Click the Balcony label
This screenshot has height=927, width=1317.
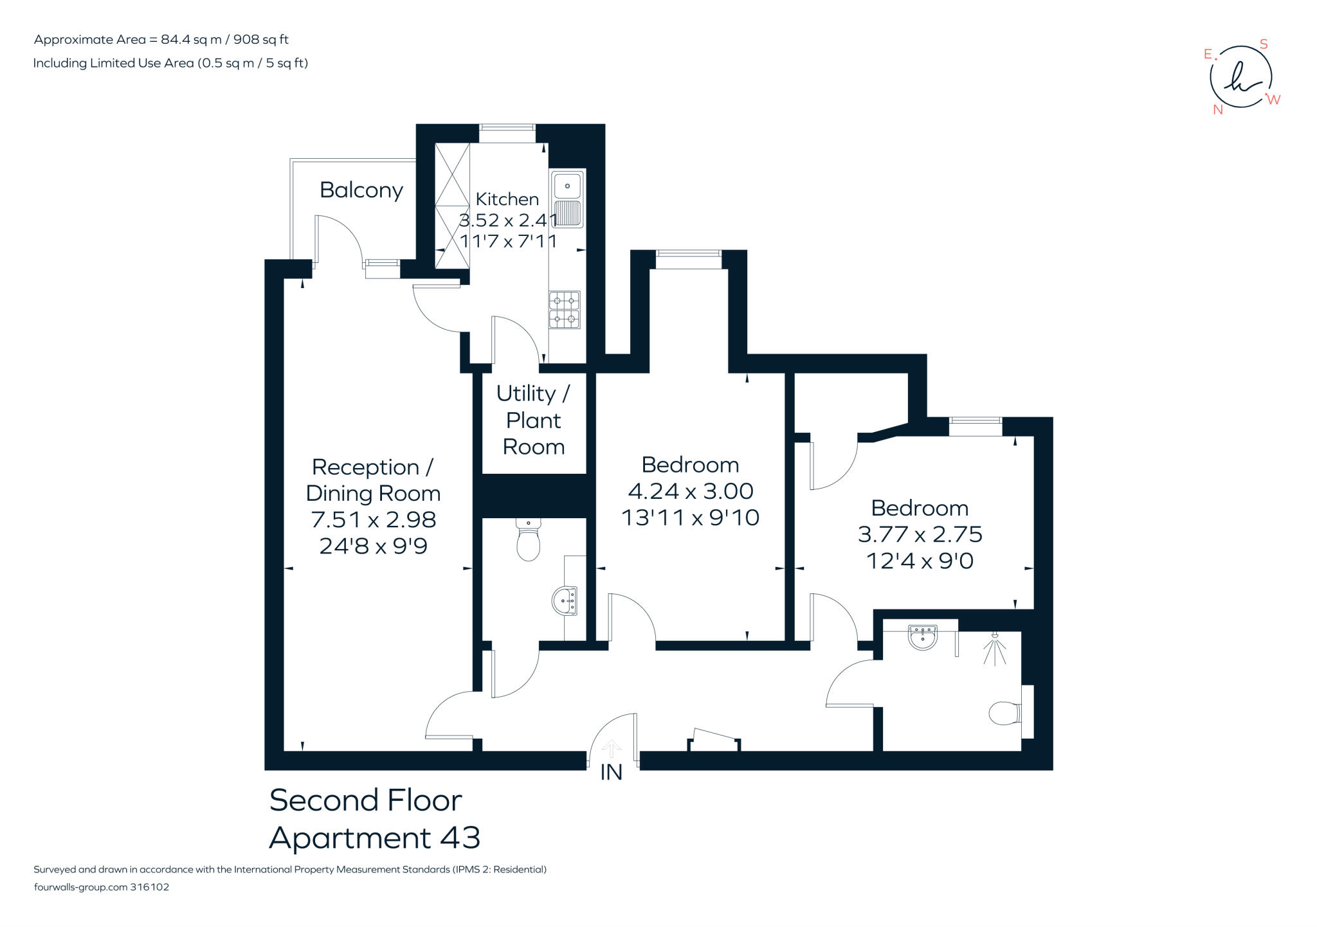[361, 190]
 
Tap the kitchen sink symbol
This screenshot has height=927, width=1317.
[567, 199]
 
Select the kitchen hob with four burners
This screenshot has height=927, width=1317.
[564, 310]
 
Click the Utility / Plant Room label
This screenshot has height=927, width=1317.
[533, 420]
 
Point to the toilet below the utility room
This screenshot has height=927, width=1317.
[528, 542]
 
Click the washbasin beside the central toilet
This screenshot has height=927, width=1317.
[565, 602]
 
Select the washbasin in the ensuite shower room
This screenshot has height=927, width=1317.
[923, 637]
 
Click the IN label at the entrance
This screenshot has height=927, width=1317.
[611, 772]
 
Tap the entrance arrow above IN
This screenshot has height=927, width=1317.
[611, 748]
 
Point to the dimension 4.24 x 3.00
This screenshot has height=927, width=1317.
[690, 491]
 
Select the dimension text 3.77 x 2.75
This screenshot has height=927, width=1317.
[920, 534]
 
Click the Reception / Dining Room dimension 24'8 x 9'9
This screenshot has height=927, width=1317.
[373, 546]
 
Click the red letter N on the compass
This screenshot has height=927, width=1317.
[1217, 110]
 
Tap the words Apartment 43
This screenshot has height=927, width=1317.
[374, 838]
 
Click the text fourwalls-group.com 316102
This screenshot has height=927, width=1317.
[101, 887]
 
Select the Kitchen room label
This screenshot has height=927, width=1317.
[507, 199]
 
